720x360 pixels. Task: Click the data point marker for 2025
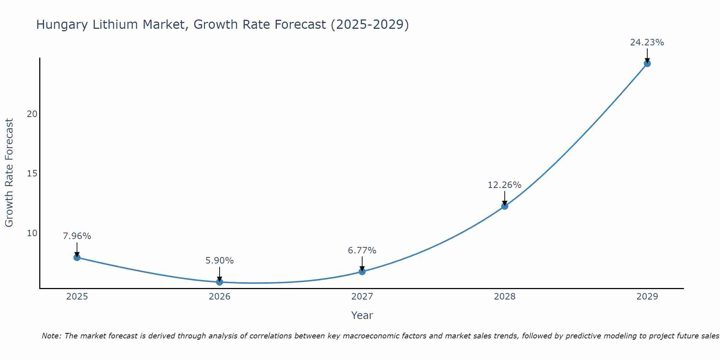77,257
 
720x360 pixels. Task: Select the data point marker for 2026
220,282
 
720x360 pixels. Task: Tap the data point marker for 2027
362,271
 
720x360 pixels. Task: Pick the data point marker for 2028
505,206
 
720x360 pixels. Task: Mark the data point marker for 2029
647,64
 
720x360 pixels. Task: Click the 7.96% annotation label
77,236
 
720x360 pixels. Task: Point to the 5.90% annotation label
220,261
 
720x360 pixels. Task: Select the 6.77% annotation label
362,250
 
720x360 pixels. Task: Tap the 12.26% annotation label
504,185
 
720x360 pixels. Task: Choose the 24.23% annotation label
647,42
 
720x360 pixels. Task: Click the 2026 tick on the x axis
220,297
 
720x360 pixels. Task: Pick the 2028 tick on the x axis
505,297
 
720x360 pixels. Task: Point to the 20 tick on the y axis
32,114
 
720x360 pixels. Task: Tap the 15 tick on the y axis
32,174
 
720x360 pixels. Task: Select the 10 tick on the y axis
32,233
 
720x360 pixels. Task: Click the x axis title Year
362,315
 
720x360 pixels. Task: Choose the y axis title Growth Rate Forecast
9,173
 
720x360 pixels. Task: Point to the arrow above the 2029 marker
647,55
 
